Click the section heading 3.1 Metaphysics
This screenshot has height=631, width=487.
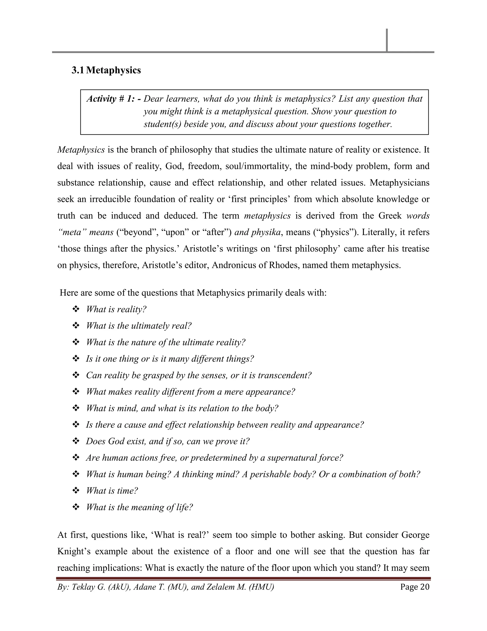point(106,70)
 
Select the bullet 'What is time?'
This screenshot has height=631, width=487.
point(112,491)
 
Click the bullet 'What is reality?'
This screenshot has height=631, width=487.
point(116,310)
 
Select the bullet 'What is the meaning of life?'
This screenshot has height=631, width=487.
point(139,507)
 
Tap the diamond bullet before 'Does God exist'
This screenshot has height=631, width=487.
point(76,441)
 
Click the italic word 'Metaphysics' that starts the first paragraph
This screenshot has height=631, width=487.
point(81,150)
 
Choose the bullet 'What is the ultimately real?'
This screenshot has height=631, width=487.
point(138,326)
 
